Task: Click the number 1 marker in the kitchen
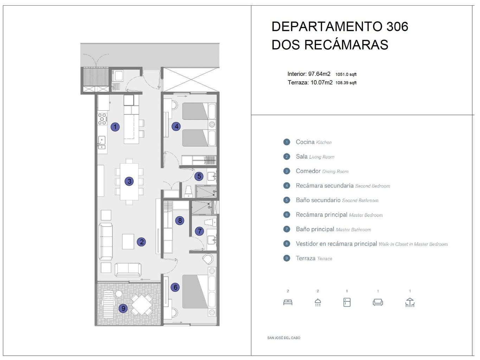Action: [115, 127]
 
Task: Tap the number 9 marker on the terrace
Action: [123, 308]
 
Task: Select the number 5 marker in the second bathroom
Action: [199, 176]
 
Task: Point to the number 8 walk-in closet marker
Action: [180, 220]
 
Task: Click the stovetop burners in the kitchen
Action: [102, 119]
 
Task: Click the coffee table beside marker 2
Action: [128, 242]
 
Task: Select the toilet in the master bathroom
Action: [210, 222]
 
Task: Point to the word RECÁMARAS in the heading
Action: [346, 45]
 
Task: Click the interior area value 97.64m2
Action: [319, 74]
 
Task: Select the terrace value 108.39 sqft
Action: [346, 83]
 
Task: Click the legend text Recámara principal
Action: [321, 215]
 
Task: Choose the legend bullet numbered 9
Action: [287, 258]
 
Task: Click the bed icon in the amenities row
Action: [288, 302]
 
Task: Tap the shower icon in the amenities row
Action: [318, 302]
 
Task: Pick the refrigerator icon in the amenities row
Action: [347, 302]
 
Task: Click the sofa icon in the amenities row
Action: [378, 302]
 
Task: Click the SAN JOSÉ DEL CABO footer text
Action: [284, 338]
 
